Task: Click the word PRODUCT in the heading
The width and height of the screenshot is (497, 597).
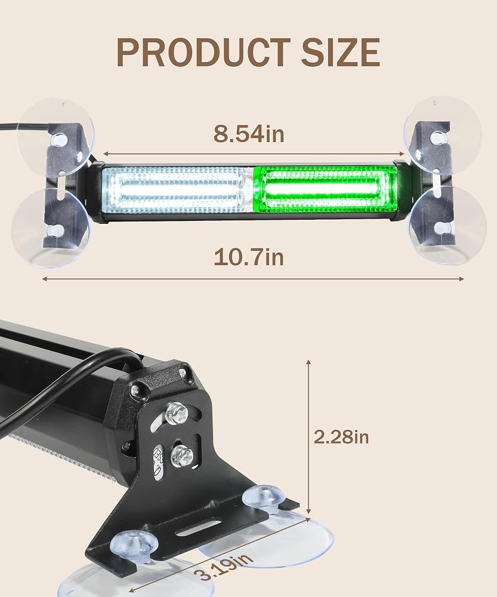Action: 203,53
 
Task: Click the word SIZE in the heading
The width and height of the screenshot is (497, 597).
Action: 341,53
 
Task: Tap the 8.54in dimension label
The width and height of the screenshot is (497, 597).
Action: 249,134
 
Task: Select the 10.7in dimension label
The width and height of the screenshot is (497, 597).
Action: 249,257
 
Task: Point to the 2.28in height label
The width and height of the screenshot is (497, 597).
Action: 341,437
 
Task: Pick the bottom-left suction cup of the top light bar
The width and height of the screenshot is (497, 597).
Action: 51,227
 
